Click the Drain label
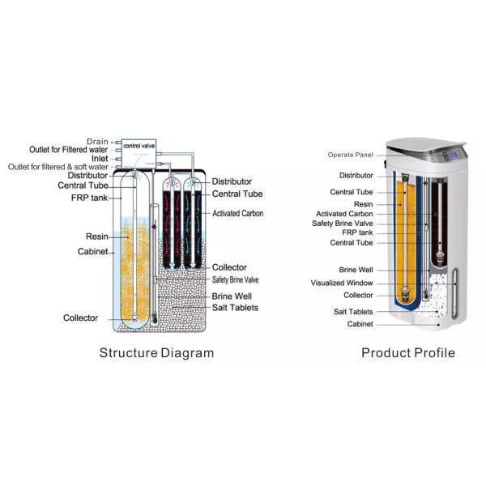tap(97, 142)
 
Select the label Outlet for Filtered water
tap(69, 150)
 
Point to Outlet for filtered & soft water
tap(58, 167)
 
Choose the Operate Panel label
tap(350, 155)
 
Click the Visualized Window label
tap(343, 283)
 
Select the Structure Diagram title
tap(156, 353)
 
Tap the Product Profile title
tap(407, 353)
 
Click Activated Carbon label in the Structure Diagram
tap(240, 214)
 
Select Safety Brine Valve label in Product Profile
tap(343, 224)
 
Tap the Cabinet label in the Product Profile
tap(360, 325)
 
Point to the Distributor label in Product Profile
tap(356, 174)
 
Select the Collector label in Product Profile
tap(357, 296)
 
